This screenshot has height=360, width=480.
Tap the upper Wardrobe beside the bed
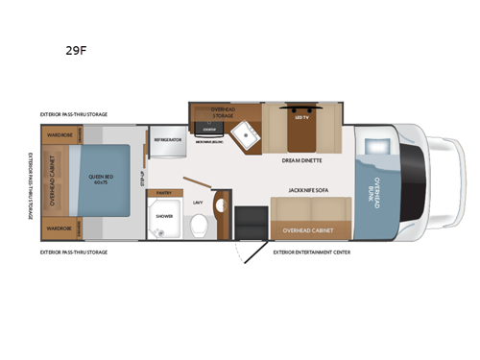click(60, 135)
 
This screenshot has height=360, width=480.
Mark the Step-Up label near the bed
click(142, 180)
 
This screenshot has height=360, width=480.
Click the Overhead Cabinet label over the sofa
click(304, 229)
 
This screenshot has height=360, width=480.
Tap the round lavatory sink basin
click(218, 204)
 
